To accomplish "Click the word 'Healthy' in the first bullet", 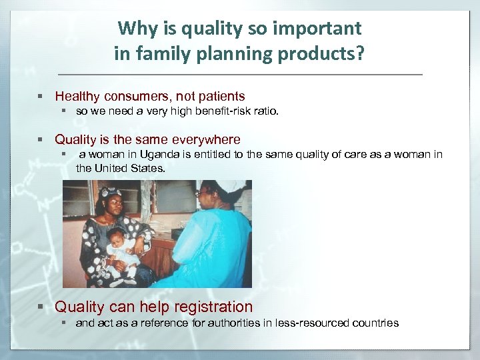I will click(x=77, y=97).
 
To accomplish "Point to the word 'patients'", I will click(x=220, y=97).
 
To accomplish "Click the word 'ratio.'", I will click(x=263, y=112).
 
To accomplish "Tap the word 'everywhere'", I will click(x=206, y=139).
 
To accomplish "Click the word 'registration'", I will click(x=213, y=307).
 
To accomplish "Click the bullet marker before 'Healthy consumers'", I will click(x=41, y=97).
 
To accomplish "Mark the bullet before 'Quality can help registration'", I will click(x=41, y=307).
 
